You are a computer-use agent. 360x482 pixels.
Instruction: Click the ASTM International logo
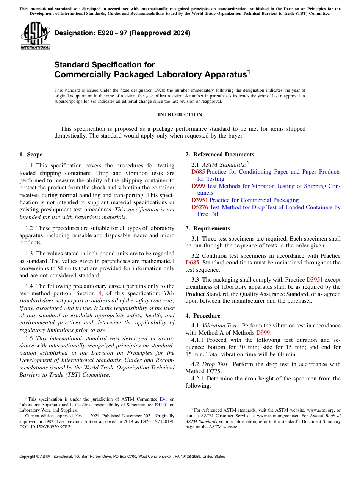point(35,36)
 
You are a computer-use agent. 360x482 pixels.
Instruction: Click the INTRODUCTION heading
point(180,114)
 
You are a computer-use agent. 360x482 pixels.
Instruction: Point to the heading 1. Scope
point(31,155)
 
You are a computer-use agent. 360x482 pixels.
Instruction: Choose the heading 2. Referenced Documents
point(220,155)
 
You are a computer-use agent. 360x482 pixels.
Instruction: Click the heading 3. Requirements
point(208,228)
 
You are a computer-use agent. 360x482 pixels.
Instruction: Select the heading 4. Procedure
point(203,316)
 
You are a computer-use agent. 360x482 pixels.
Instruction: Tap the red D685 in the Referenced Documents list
point(198,172)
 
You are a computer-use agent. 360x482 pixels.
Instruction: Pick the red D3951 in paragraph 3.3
point(314,280)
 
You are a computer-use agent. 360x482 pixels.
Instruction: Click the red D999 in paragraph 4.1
point(263,333)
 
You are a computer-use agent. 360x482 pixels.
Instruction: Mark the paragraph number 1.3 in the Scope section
point(29,254)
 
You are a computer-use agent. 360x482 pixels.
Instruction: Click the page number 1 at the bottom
point(180,465)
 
